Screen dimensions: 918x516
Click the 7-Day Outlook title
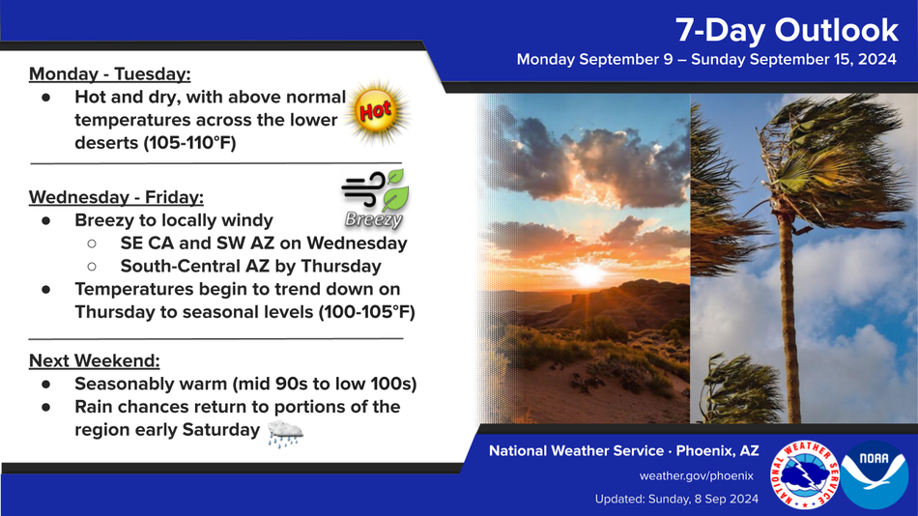pos(787,30)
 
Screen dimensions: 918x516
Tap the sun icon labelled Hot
pos(377,112)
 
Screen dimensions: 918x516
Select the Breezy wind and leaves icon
pos(375,199)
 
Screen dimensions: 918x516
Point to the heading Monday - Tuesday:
pos(109,74)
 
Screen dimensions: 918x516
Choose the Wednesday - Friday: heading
pos(116,197)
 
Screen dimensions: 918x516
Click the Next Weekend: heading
pos(95,360)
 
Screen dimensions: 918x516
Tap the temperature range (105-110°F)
pos(189,142)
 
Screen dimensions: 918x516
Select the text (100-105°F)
pos(366,312)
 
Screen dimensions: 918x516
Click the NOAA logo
pos(875,474)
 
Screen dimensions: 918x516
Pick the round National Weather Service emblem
pos(805,474)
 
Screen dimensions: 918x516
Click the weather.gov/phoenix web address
pos(696,475)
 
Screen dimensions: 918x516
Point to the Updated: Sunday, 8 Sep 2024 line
pos(676,499)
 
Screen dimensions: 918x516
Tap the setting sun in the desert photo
pos(588,273)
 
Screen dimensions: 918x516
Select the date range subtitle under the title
pos(706,60)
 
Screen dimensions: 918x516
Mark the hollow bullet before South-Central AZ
pos(92,267)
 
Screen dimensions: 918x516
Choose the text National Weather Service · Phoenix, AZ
pos(623,451)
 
